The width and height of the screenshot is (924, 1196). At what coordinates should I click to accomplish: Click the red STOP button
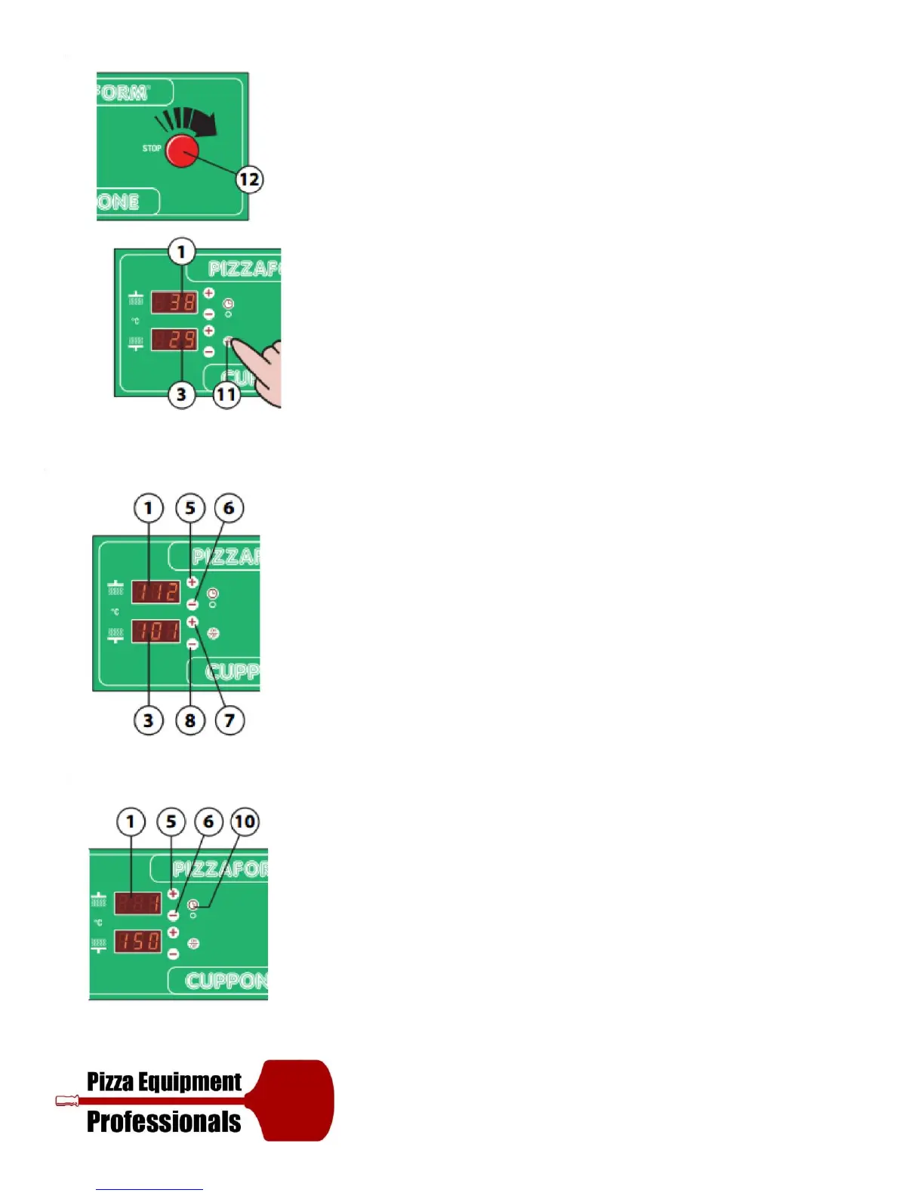[x=181, y=151]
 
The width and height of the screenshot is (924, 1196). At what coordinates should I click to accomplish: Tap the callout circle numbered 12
[x=249, y=180]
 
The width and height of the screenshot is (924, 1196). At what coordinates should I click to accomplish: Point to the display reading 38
[x=174, y=302]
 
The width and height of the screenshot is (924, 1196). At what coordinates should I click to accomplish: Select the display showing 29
[x=174, y=340]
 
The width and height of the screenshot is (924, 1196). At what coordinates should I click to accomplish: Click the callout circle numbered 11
[x=226, y=394]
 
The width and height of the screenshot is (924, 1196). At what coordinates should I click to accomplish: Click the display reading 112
[x=156, y=591]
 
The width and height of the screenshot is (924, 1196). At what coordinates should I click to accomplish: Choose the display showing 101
[x=156, y=630]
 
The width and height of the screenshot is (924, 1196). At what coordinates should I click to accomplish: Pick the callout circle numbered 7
[x=229, y=720]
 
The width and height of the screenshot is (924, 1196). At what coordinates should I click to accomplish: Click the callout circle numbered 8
[x=190, y=720]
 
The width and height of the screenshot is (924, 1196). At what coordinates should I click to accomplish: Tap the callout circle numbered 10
[x=245, y=821]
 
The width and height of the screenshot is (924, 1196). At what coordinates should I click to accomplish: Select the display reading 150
[x=137, y=942]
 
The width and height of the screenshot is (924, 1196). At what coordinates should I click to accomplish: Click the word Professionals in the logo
[x=164, y=1122]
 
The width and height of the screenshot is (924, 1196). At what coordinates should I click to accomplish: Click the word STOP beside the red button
[x=152, y=148]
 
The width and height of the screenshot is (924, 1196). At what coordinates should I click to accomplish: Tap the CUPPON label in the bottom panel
[x=225, y=981]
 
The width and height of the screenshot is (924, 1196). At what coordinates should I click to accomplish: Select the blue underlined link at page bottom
[x=149, y=1189]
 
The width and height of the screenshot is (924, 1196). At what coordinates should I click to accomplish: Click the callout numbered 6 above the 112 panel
[x=229, y=508]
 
